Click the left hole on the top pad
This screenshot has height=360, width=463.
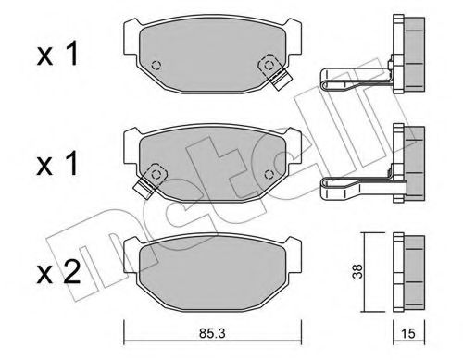(156, 65)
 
